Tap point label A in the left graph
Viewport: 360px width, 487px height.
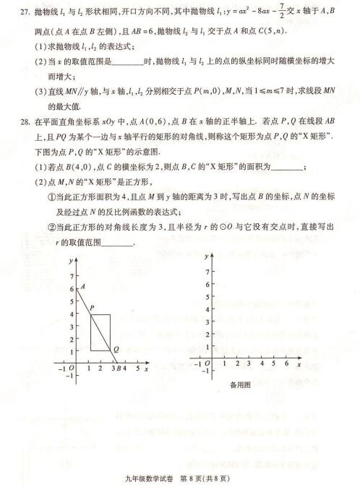pos(83,286)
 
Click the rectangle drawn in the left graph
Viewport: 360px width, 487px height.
pos(100,332)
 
